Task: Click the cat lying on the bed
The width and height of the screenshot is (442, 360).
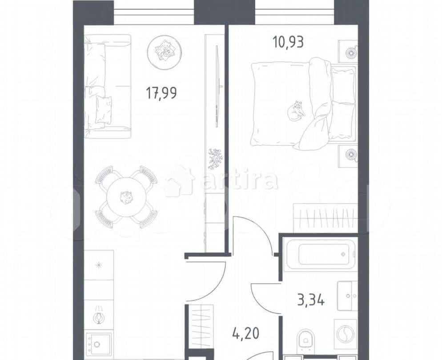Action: pyautogui.click(x=296, y=111)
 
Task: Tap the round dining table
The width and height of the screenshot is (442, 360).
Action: pyautogui.click(x=126, y=196)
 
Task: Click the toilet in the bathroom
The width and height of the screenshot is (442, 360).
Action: pyautogui.click(x=306, y=340)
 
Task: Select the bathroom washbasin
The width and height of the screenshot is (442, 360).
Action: pyautogui.click(x=347, y=295)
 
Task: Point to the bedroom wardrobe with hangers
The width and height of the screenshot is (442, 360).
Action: pyautogui.click(x=326, y=218)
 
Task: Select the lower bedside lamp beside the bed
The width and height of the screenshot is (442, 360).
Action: pyautogui.click(x=348, y=156)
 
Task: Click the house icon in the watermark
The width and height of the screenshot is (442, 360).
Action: pyautogui.click(x=180, y=181)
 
